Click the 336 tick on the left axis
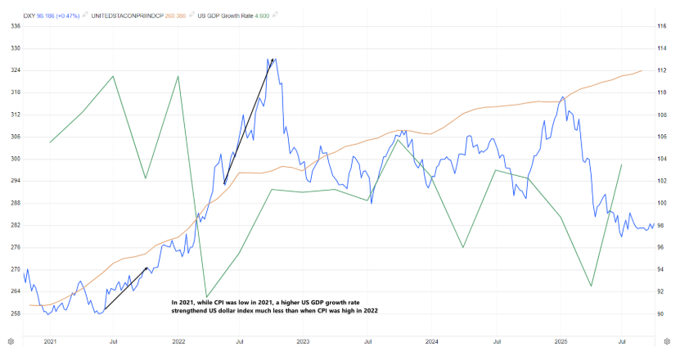(16, 26)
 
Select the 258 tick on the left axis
(16, 313)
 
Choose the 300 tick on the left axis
(16, 159)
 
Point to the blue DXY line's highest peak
(273, 59)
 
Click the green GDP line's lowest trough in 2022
(206, 298)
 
